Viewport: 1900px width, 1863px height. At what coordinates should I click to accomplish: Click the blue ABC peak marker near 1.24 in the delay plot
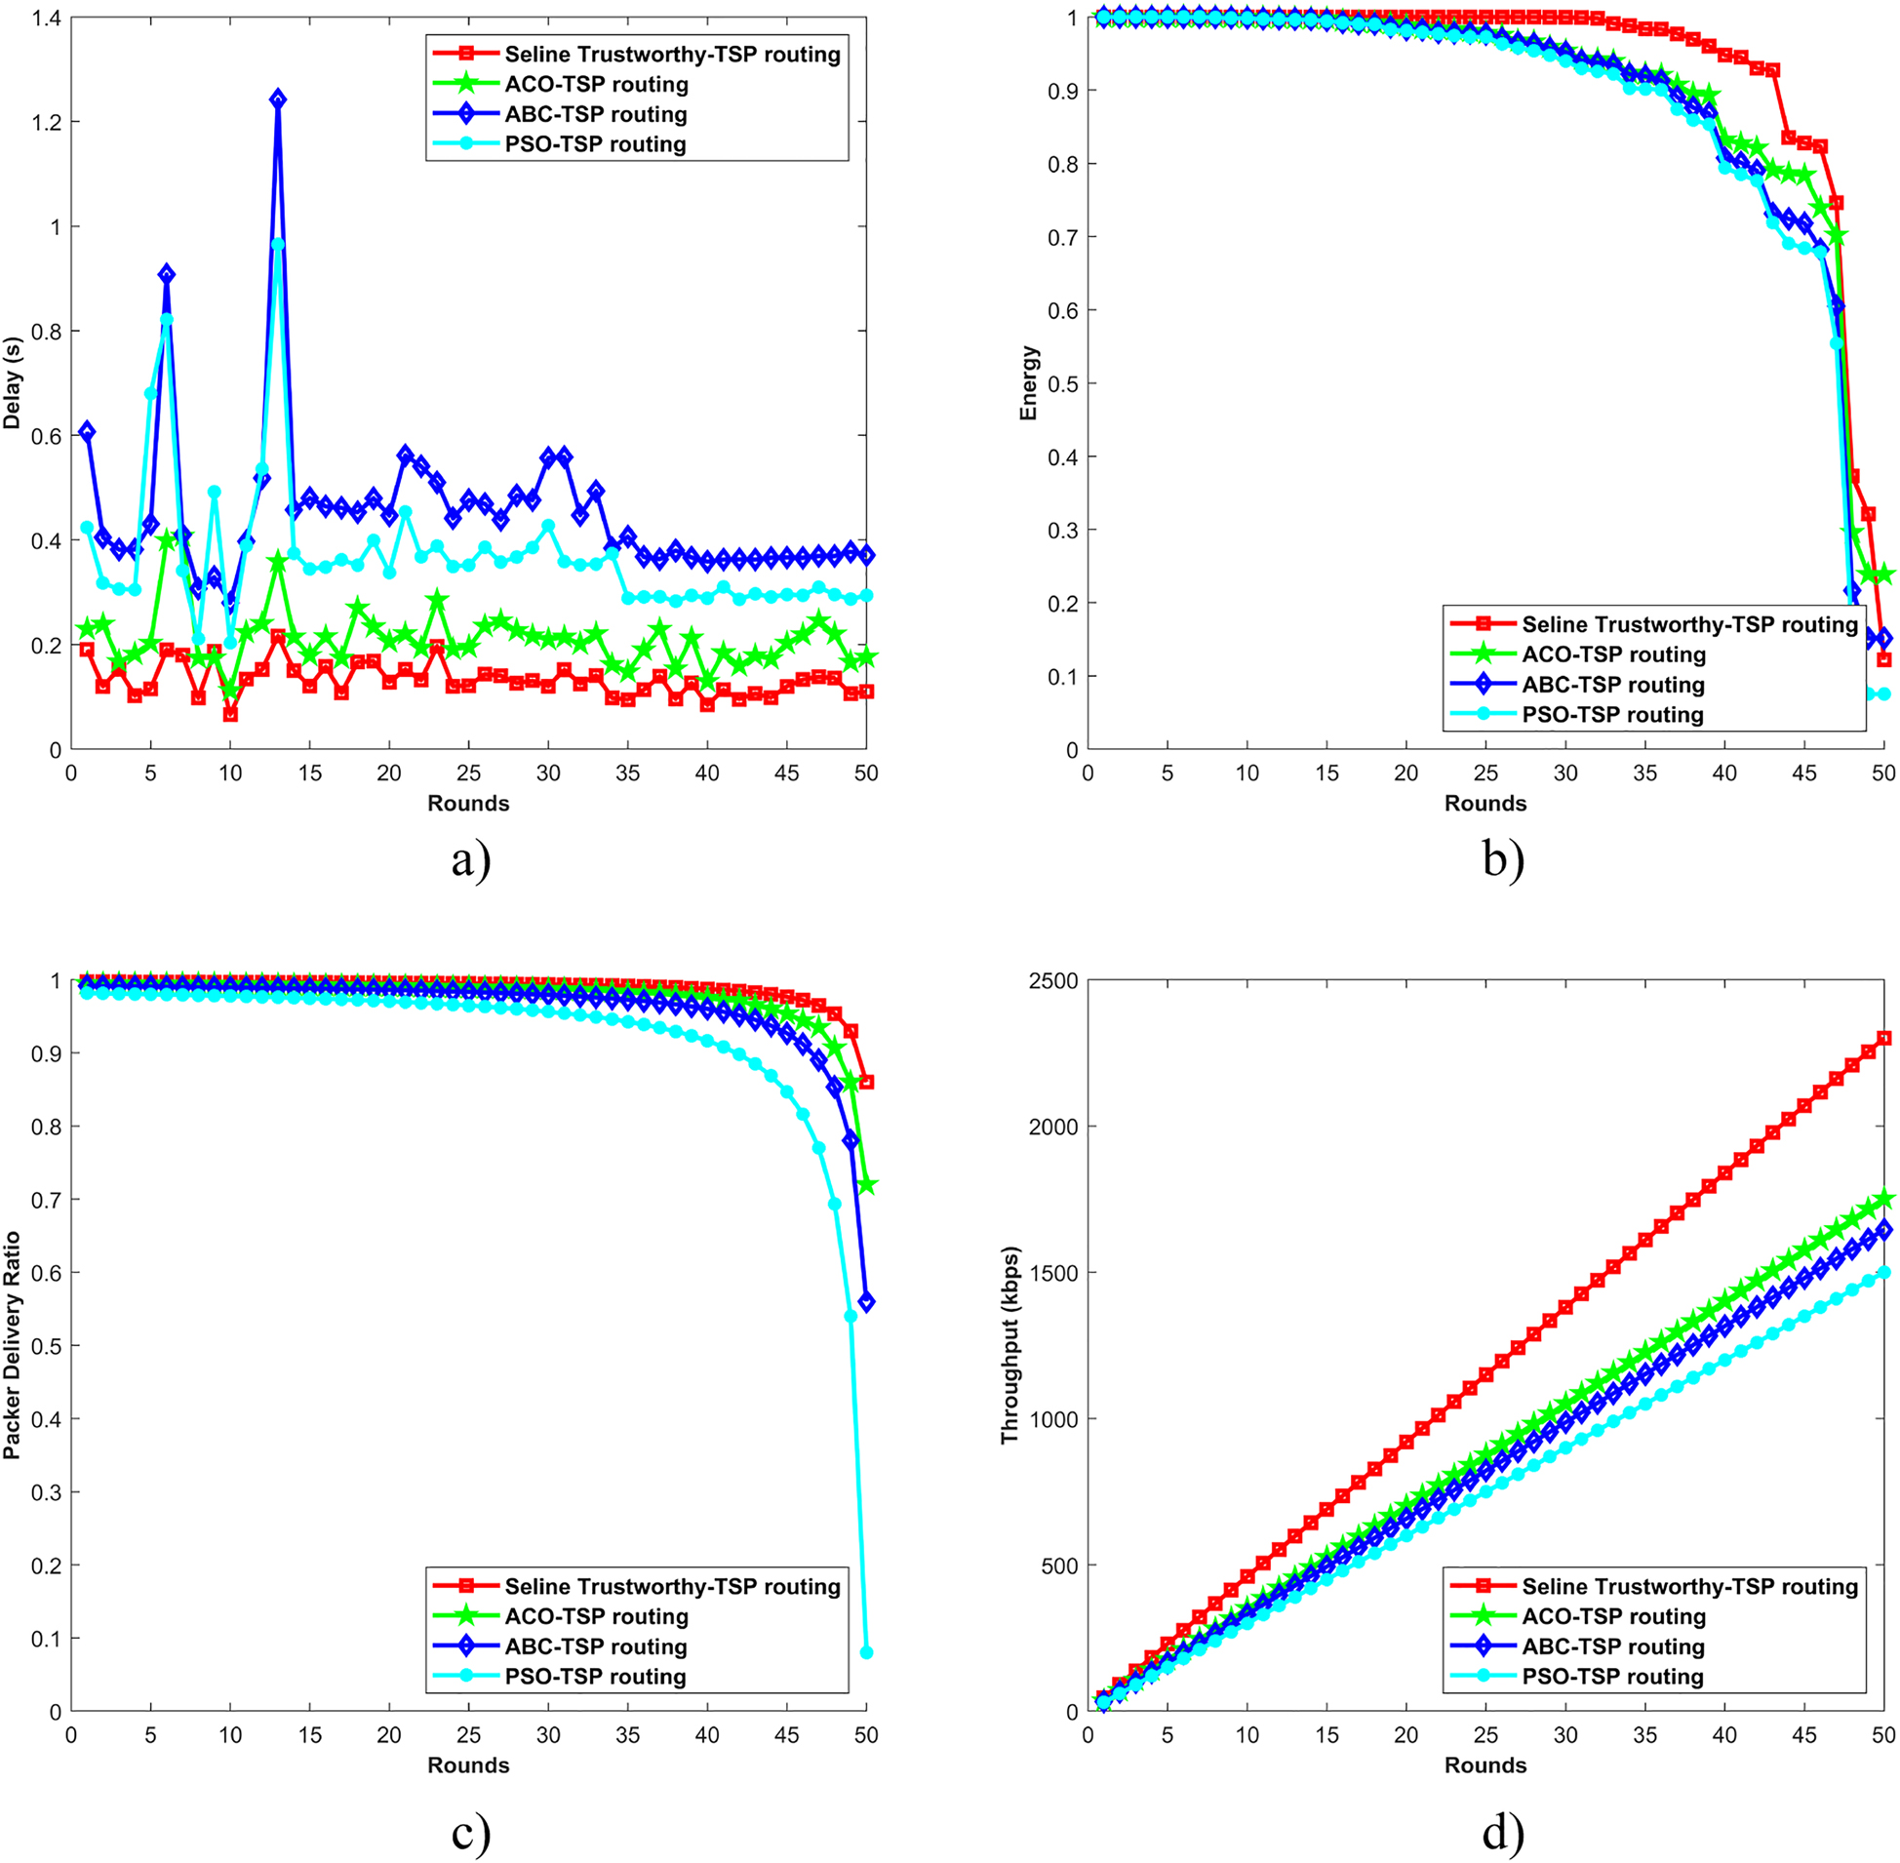tap(278, 99)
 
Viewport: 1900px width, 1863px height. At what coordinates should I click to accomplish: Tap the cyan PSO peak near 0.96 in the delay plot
tap(278, 245)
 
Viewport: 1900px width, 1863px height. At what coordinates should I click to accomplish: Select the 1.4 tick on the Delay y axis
tap(46, 18)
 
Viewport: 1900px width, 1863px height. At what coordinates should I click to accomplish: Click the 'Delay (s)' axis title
tap(13, 383)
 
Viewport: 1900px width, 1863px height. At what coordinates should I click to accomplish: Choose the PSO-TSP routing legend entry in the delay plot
tap(595, 144)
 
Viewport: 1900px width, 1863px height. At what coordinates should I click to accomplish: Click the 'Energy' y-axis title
tap(1028, 383)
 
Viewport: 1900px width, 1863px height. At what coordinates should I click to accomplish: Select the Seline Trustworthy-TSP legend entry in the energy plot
tap(1688, 624)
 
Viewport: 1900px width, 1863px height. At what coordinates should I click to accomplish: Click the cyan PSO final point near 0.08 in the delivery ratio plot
tap(866, 1652)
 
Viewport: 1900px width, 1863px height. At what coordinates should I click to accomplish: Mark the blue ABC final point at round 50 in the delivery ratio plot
tap(866, 1302)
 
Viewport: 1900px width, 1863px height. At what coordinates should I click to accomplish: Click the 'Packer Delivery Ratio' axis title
tap(13, 1345)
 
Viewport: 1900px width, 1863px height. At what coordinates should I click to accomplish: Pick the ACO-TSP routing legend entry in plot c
tap(596, 1616)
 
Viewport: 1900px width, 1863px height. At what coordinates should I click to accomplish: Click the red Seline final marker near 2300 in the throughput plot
tap(1883, 1038)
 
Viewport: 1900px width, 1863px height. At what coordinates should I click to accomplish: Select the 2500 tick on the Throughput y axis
tap(1052, 980)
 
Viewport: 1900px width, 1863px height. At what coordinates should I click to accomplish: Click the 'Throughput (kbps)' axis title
tap(1009, 1345)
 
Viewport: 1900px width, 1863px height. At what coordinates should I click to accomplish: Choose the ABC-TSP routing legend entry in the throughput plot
tap(1612, 1646)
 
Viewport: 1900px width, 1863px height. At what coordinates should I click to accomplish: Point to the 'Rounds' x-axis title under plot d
tap(1485, 1765)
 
